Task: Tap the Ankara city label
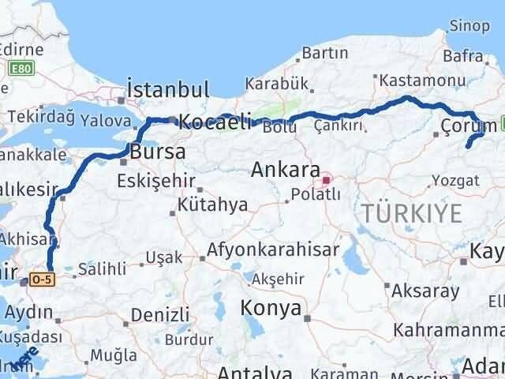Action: click(x=285, y=171)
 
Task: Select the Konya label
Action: click(x=272, y=308)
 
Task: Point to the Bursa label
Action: click(x=158, y=151)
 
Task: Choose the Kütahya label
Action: click(x=211, y=205)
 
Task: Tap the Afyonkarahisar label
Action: click(x=273, y=251)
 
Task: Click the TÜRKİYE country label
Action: click(x=410, y=212)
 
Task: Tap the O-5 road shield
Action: click(x=41, y=280)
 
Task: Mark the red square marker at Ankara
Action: click(x=325, y=179)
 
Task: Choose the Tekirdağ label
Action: click(x=39, y=118)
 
